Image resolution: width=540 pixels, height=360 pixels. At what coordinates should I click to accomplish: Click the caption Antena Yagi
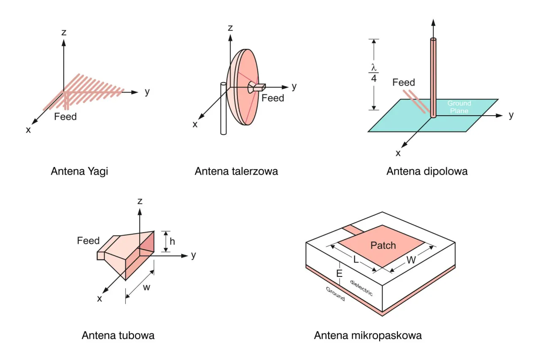pyautogui.click(x=79, y=172)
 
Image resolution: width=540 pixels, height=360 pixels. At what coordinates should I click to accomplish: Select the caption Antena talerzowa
pyautogui.click(x=236, y=172)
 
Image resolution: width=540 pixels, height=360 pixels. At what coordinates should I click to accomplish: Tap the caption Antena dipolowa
pyautogui.click(x=427, y=172)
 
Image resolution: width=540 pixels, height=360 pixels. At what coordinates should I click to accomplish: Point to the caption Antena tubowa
pyautogui.click(x=118, y=336)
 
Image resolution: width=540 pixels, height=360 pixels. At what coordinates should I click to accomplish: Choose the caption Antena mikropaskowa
pyautogui.click(x=368, y=336)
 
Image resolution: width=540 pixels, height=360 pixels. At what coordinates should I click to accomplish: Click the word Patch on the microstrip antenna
pyautogui.click(x=383, y=245)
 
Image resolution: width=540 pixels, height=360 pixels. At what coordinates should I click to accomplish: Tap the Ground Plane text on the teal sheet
pyautogui.click(x=459, y=107)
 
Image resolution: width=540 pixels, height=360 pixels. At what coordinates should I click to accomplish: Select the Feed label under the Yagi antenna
pyautogui.click(x=65, y=116)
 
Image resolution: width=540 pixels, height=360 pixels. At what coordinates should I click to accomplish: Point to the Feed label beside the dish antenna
pyautogui.click(x=273, y=98)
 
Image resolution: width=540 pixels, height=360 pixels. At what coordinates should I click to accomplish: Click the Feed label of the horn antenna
pyautogui.click(x=88, y=241)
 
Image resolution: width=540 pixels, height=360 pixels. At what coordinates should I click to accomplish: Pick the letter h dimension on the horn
pyautogui.click(x=172, y=241)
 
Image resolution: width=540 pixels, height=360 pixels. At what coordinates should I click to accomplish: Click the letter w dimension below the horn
pyautogui.click(x=147, y=288)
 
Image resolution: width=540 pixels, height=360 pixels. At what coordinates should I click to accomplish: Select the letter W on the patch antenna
pyautogui.click(x=411, y=260)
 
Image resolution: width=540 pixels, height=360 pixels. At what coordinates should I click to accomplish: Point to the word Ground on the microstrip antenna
pyautogui.click(x=335, y=294)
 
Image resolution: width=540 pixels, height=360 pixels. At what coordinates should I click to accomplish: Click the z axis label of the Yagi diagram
pyautogui.click(x=64, y=32)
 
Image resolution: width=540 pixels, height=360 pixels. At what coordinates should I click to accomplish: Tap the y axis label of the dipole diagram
pyautogui.click(x=511, y=115)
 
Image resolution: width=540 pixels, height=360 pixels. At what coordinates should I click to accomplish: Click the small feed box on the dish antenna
pyautogui.click(x=256, y=87)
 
